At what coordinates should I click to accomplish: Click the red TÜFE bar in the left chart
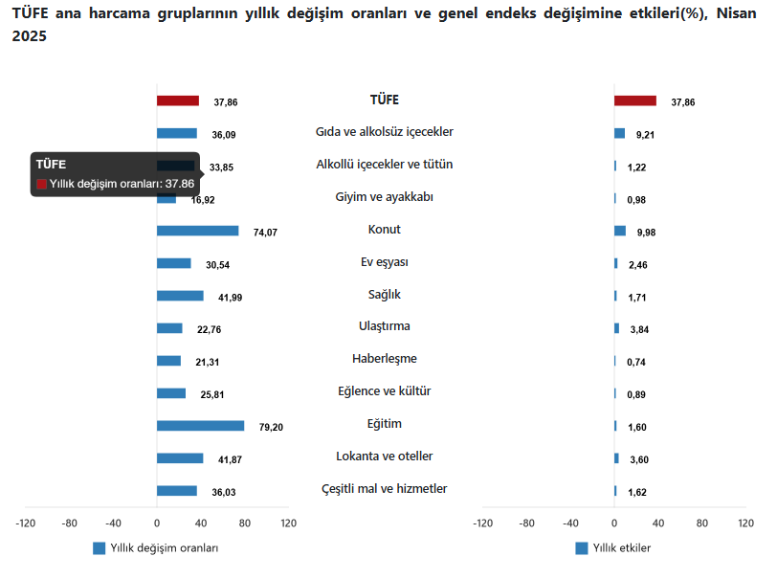coord(178,100)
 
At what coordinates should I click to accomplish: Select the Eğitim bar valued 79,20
coord(200,426)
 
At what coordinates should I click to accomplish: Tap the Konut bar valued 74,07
coord(197,231)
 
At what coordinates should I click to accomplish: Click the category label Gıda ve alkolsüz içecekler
coord(384,131)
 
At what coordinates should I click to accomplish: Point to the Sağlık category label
coord(384,294)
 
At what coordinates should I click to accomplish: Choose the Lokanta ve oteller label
coord(384,456)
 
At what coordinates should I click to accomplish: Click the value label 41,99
coord(231,298)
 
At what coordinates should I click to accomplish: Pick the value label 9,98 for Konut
coord(647,232)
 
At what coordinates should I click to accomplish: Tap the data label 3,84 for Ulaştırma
coord(639,329)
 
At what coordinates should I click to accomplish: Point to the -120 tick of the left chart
coord(25,523)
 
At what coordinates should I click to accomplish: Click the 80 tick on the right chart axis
coord(702,523)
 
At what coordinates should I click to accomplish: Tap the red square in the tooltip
coord(41,184)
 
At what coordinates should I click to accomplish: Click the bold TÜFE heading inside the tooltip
coord(51,165)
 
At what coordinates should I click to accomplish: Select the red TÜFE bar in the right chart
coord(635,100)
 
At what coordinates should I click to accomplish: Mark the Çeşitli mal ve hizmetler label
coord(384,488)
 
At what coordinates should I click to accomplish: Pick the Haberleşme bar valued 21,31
coord(168,361)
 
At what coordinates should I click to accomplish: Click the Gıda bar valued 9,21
coord(619,133)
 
